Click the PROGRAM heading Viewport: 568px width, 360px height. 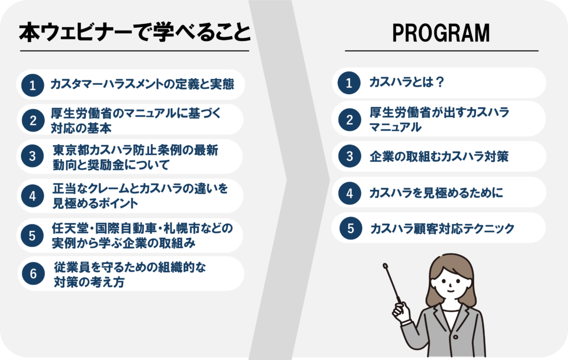pyautogui.click(x=441, y=33)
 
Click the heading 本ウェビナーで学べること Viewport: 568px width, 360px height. pyautogui.click(x=134, y=33)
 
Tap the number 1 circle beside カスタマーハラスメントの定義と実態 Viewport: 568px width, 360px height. pyautogui.click(x=33, y=85)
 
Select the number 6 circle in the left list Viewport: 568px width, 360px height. pyautogui.click(x=33, y=273)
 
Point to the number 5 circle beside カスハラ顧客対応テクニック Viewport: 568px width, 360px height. pyautogui.click(x=351, y=228)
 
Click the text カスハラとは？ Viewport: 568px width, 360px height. pyautogui.click(x=407, y=82)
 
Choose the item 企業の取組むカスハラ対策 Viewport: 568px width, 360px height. pyautogui.click(x=439, y=156)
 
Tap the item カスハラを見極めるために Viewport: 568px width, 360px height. pyautogui.click(x=436, y=192)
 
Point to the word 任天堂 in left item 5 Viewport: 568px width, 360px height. pyautogui.click(x=70, y=228)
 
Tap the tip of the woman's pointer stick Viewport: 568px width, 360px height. pyautogui.click(x=385, y=266)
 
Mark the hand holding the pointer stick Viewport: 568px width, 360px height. pyautogui.click(x=401, y=311)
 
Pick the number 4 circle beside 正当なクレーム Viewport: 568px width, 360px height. pyautogui.click(x=33, y=196)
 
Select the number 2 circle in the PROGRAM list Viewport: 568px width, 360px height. pyautogui.click(x=349, y=119)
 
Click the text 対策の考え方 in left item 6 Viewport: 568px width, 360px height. pyautogui.click(x=89, y=282)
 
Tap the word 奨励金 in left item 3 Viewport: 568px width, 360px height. pyautogui.click(x=105, y=165)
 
